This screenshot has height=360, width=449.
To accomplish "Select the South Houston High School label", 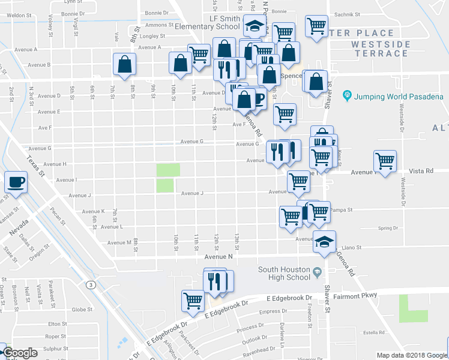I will (x=285, y=273).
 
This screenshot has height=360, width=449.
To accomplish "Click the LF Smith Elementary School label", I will (x=208, y=22).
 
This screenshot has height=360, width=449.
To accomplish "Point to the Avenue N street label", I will (x=217, y=256).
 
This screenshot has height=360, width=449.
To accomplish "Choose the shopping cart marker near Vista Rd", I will (x=385, y=160).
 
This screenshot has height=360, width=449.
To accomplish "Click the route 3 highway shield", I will (x=90, y=284).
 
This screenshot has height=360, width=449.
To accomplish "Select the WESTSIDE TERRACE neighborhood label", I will (x=381, y=49).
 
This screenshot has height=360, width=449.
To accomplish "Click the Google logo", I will (x=20, y=353).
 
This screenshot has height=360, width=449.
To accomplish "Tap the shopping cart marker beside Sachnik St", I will (x=316, y=26).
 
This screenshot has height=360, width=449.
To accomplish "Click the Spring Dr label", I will (x=388, y=228).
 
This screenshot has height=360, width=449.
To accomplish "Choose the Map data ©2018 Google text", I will (x=412, y=355).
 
